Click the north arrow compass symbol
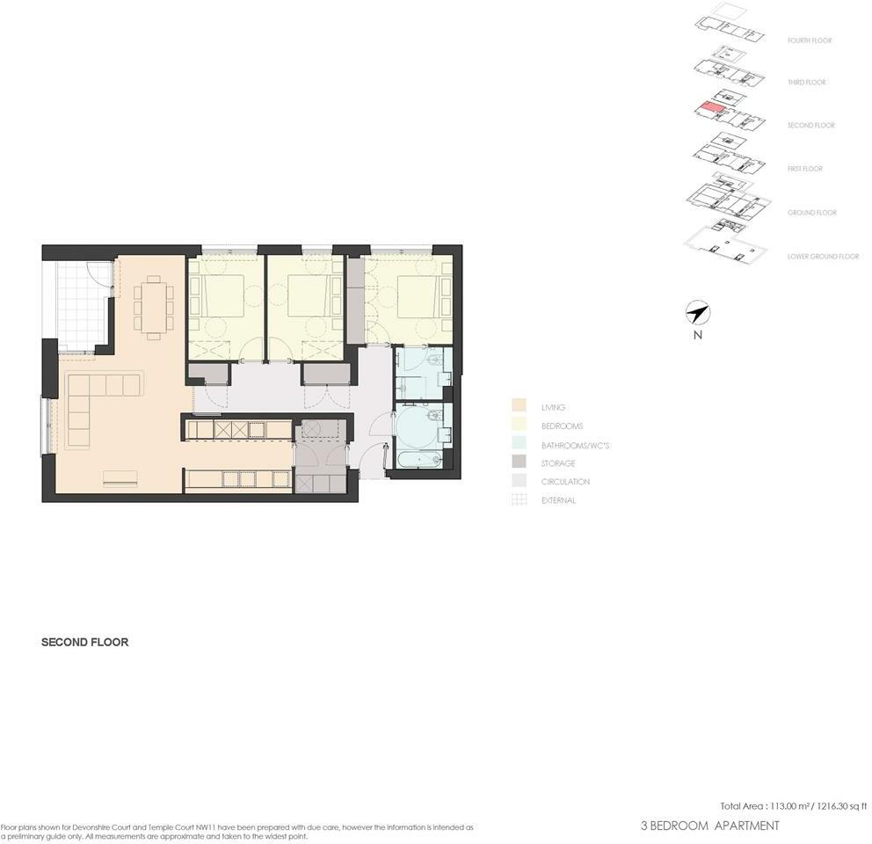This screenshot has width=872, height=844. (697, 312)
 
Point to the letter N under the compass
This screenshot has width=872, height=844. (697, 335)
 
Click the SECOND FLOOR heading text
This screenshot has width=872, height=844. (85, 643)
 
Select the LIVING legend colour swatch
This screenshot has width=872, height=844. (519, 407)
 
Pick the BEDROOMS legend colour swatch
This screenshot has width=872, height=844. (519, 426)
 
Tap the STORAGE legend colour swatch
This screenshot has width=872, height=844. (519, 463)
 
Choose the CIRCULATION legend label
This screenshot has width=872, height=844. (565, 482)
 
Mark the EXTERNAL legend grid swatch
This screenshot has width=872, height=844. (519, 500)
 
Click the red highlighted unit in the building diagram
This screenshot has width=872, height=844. (709, 108)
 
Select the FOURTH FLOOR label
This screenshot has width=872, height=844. (810, 40)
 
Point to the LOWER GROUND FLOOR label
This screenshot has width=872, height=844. (823, 257)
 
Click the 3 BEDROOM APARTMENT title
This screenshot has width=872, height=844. (710, 826)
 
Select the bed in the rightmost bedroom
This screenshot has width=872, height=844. (418, 297)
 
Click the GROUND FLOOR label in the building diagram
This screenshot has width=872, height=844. (811, 213)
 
